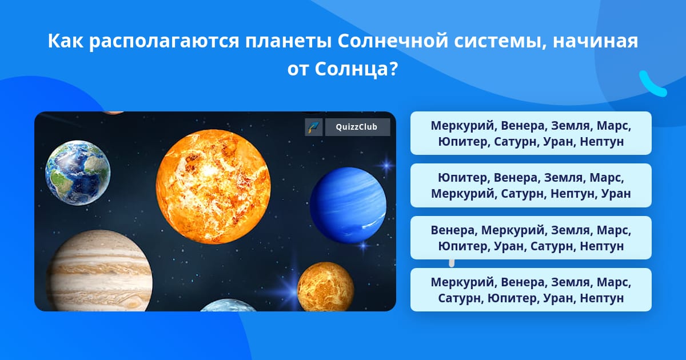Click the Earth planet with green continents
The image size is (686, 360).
click(78, 173)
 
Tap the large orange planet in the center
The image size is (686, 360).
click(213, 187)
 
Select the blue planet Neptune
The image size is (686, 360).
click(348, 205)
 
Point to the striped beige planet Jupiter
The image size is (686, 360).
click(99, 271)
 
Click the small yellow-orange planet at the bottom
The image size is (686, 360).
click(325, 286)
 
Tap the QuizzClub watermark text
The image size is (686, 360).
click(357, 127)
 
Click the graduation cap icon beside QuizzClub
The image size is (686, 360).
click(314, 127)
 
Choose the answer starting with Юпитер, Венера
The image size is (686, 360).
click(531, 186)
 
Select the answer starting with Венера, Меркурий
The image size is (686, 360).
click(531, 238)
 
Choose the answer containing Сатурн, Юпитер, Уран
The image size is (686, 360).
click(531, 290)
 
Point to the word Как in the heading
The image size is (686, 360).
click(66, 41)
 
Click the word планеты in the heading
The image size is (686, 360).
click(288, 41)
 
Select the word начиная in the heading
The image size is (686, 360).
click(595, 41)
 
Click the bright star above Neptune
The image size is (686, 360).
click(386, 166)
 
